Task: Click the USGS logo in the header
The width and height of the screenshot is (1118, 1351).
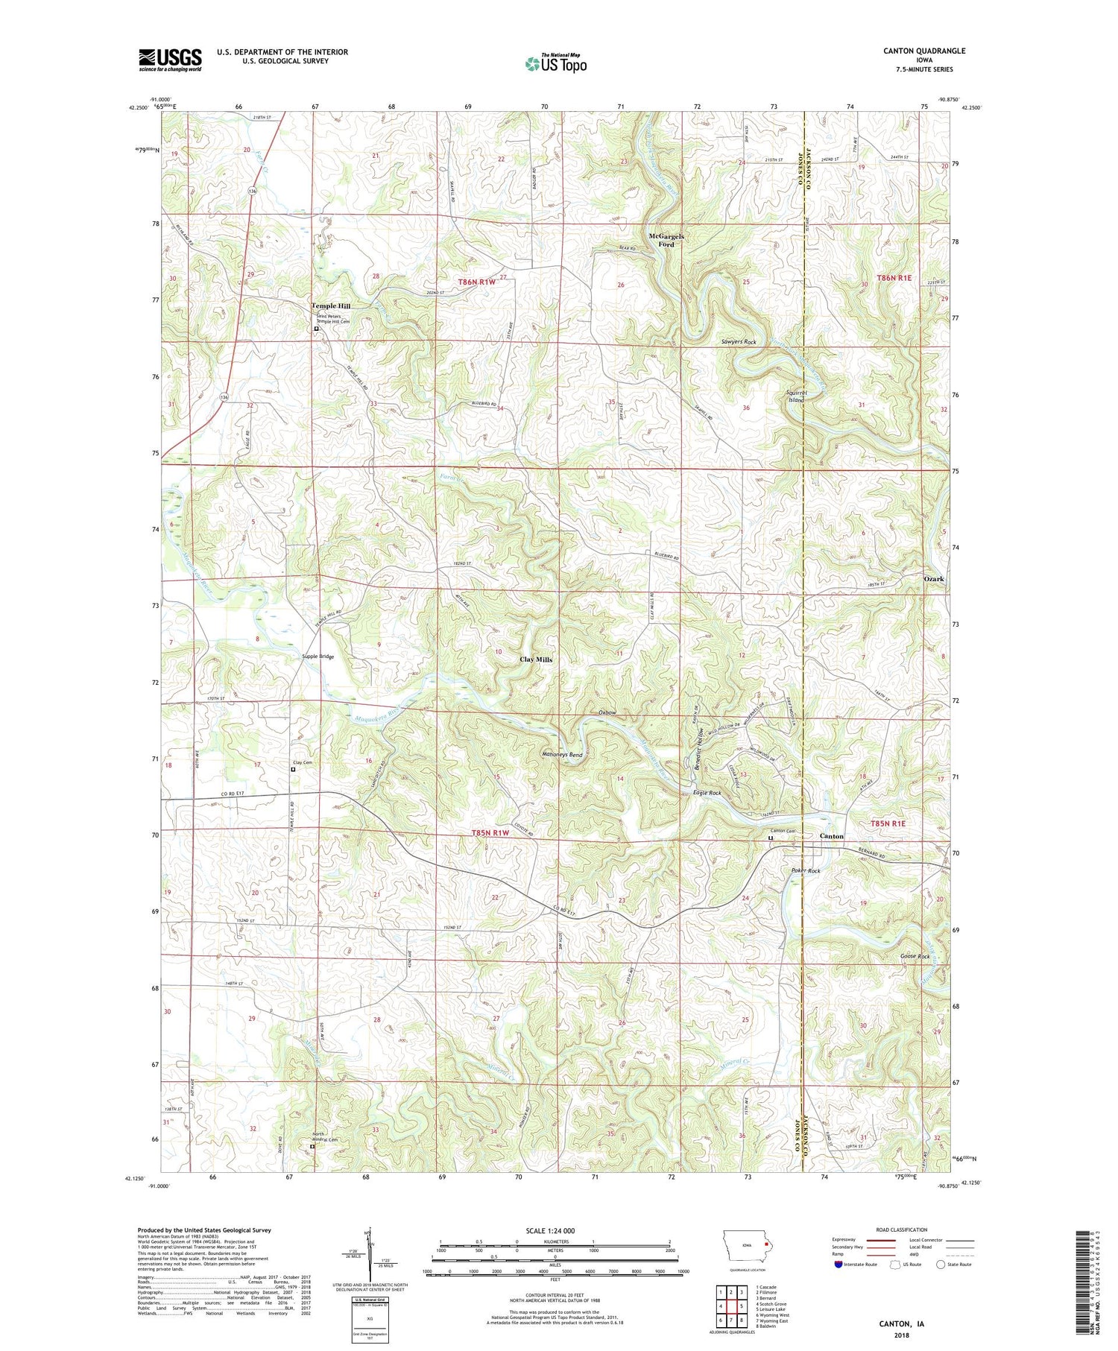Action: point(170,60)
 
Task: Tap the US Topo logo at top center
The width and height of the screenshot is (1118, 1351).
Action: point(555,63)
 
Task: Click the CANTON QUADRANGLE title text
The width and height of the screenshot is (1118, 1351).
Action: point(921,51)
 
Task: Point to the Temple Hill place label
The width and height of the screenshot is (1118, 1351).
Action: point(330,306)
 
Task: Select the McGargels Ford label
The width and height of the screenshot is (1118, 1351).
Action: point(666,240)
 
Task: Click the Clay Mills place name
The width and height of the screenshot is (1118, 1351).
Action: point(536,659)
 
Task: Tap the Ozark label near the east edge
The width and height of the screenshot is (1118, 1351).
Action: point(934,579)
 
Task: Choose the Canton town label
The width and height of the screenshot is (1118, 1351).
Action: point(831,836)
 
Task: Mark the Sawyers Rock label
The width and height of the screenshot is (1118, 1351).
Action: point(738,342)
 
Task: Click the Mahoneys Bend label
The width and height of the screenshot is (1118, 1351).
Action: point(562,754)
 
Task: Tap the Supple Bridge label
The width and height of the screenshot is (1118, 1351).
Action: point(318,656)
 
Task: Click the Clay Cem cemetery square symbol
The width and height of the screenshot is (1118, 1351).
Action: point(294,770)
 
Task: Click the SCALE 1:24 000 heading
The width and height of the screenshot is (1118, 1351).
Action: point(555,1230)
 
